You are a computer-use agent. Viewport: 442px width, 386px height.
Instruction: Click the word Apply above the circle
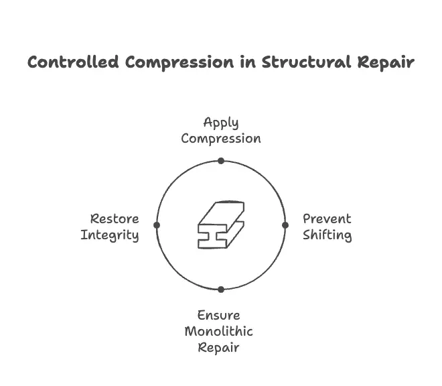pyautogui.click(x=221, y=123)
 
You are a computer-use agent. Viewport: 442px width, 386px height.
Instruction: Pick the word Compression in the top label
pyautogui.click(x=221, y=139)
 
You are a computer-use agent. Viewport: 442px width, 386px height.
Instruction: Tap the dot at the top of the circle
pyautogui.click(x=221, y=161)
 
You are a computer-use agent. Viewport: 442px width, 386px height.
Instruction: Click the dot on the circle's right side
pyautogui.click(x=285, y=225)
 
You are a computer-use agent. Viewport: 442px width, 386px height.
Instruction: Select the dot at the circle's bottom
pyautogui.click(x=221, y=289)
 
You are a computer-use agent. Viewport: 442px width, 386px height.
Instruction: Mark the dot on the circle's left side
pyautogui.click(x=157, y=225)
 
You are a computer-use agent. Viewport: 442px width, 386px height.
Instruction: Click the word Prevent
pyautogui.click(x=327, y=219)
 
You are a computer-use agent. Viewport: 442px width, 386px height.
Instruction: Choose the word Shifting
pyautogui.click(x=327, y=235)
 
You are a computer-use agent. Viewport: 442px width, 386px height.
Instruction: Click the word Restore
pyautogui.click(x=115, y=219)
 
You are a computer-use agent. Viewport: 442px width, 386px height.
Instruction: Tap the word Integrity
pyautogui.click(x=110, y=235)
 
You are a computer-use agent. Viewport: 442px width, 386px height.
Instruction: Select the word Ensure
pyautogui.click(x=218, y=316)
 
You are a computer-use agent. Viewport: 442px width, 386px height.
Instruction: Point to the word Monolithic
pyautogui.click(x=218, y=332)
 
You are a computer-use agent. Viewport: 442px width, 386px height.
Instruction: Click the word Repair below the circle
pyautogui.click(x=218, y=348)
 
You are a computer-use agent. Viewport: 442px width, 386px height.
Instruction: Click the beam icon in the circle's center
pyautogui.click(x=221, y=224)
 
